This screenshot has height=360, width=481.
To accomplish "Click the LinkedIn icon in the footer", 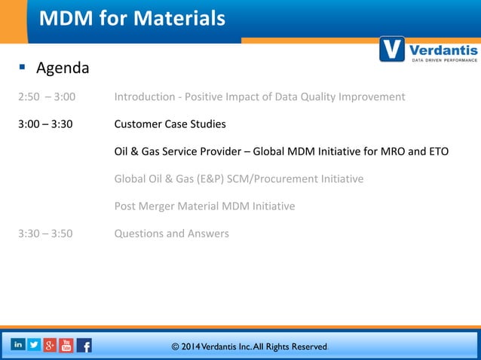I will click(x=17, y=344).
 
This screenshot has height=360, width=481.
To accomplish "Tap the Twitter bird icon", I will click(x=34, y=344).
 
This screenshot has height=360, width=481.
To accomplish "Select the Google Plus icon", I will click(x=51, y=345).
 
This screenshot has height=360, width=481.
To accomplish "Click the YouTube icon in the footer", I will click(x=67, y=346).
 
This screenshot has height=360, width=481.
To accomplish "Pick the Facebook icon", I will click(x=84, y=346).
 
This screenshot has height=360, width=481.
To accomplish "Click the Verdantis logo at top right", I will click(x=428, y=50).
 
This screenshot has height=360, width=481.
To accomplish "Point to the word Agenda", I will click(x=63, y=69).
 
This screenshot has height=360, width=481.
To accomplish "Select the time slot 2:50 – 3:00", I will click(x=46, y=97).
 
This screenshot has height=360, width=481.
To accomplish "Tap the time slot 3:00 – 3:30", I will click(x=46, y=124).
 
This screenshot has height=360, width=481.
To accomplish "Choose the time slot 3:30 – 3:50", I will click(x=46, y=233).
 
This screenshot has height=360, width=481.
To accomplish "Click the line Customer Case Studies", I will click(x=170, y=124).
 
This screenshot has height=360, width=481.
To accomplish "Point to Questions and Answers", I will click(x=171, y=233).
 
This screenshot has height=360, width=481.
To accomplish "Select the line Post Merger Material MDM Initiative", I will click(x=204, y=206).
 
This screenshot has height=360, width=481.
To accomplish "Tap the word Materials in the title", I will click(x=179, y=18).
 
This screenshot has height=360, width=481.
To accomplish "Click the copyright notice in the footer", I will click(x=250, y=346).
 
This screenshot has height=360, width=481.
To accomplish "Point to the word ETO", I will click(x=437, y=151).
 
